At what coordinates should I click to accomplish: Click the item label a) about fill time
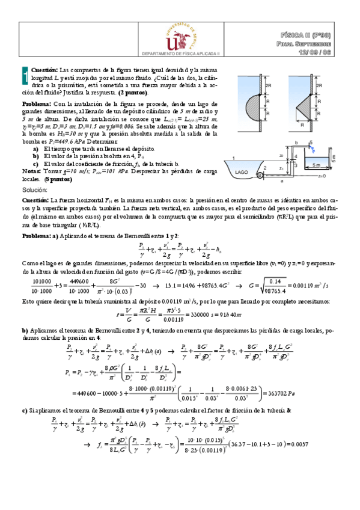click(x=37, y=148)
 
